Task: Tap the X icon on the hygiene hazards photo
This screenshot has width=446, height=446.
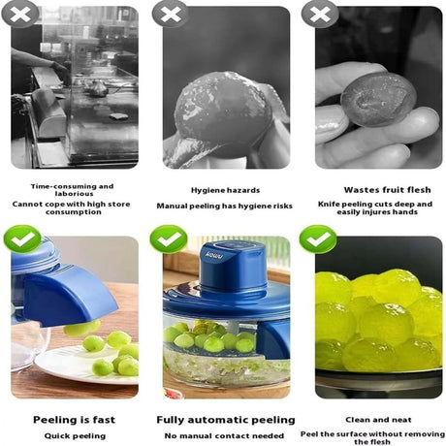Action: [171, 14]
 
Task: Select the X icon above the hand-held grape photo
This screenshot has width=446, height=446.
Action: [319, 14]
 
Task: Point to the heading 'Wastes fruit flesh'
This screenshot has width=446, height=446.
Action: [376, 191]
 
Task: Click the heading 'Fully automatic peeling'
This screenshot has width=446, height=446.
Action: [225, 420]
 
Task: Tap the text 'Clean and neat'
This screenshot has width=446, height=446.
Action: [376, 421]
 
